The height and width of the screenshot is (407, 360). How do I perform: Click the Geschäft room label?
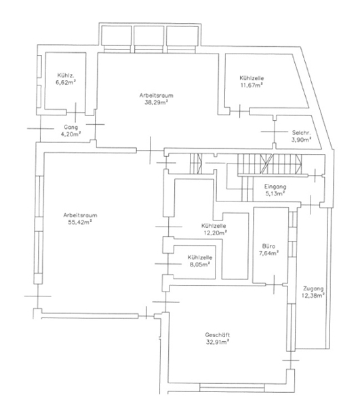coord(218,335)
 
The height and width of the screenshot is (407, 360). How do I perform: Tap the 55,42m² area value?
coord(81,222)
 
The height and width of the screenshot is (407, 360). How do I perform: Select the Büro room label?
coord(268,246)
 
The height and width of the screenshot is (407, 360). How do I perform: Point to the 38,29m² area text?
coord(156,102)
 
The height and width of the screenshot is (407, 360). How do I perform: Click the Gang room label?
coord(71,128)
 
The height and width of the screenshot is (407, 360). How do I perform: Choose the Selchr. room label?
coord(302,133)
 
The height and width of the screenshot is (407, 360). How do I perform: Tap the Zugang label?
coord(313,289)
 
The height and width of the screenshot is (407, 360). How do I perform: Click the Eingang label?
coord(275,187)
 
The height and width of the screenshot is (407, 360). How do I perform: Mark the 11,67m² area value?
coord(252,85)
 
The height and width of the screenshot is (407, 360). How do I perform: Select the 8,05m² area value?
coord(200,265)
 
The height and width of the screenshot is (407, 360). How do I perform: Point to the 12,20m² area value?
coord(216,233)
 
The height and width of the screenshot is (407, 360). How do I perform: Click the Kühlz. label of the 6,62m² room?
coord(66,75)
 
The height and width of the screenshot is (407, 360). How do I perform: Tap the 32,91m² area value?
coord(218,342)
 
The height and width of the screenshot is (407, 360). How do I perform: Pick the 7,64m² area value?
coord(268,253)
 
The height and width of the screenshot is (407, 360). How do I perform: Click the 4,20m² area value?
coord(71,134)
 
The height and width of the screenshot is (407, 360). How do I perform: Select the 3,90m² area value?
coord(302,140)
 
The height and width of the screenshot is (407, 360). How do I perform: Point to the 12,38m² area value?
coord(313,296)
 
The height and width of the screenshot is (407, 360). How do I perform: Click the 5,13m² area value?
coord(275,193)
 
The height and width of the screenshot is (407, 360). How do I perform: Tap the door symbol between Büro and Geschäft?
coord(274,285)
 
